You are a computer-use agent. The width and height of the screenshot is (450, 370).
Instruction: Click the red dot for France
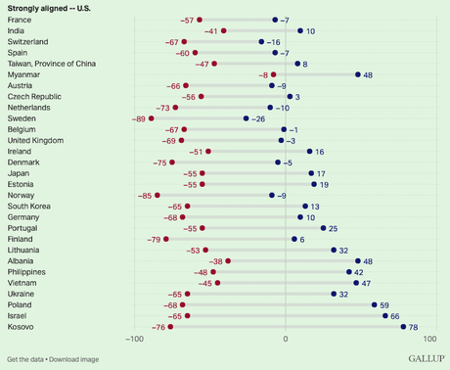coord(200,20)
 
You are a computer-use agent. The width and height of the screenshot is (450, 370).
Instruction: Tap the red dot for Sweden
coord(151,118)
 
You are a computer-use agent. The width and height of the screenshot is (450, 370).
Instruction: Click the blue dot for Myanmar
coord(358,74)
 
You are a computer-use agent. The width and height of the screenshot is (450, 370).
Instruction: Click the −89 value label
coord(138,118)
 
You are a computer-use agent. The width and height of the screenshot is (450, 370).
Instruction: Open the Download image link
coord(72,359)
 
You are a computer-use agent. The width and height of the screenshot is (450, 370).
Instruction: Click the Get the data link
coord(24,359)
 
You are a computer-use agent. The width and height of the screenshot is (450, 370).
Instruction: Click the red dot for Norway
coord(157,196)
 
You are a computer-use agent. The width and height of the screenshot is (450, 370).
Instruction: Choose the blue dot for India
coord(300,30)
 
